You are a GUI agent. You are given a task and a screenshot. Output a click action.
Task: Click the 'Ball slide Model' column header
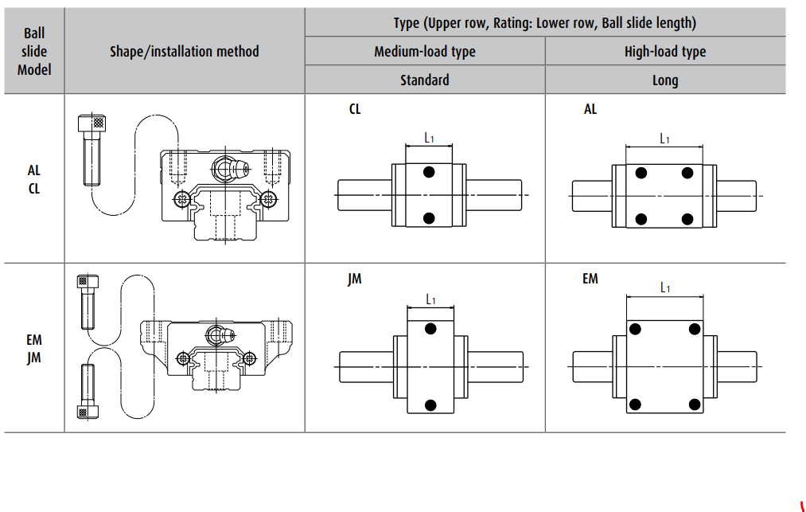34,52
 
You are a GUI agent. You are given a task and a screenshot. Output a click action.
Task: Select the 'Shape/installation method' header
185,52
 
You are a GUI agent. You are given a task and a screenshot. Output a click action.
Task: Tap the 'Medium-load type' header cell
425,52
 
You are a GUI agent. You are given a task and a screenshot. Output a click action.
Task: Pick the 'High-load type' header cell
665,52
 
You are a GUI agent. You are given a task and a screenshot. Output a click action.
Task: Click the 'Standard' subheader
425,80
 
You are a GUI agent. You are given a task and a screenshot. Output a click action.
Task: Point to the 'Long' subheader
665,80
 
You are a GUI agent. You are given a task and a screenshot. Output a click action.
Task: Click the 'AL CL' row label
34,179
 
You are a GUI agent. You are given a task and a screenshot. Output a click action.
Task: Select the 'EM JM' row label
34,349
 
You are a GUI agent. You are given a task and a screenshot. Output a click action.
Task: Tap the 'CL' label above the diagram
355,109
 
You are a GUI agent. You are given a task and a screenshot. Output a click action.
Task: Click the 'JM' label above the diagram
355,279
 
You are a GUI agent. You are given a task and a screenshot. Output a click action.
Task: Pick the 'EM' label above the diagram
590,279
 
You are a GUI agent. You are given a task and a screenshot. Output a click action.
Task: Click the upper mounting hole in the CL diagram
430,172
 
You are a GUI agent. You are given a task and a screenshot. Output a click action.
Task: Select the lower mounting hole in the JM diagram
430,403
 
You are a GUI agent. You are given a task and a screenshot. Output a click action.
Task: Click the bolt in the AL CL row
94,150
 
